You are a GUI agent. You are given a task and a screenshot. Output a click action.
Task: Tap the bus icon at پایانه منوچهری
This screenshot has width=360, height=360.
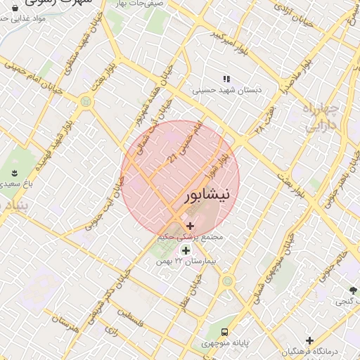224,331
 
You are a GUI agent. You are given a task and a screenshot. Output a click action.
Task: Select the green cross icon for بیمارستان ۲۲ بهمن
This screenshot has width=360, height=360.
186,250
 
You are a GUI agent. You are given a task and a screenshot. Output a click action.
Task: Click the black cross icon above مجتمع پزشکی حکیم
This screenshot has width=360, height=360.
190,226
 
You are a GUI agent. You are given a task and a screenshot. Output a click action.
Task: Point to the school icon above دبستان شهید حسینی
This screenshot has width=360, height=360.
226,79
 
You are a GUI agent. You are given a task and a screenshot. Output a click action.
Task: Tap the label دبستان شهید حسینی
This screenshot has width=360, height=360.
226,90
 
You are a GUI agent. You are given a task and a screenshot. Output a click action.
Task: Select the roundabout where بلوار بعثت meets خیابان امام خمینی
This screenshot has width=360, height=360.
86,101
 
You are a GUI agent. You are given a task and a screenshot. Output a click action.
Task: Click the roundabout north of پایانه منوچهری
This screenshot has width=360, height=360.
227,281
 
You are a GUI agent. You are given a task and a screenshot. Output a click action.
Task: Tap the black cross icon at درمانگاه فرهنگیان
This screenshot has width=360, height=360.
309,341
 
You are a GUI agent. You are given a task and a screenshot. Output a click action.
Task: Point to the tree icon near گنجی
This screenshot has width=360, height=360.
353,290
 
